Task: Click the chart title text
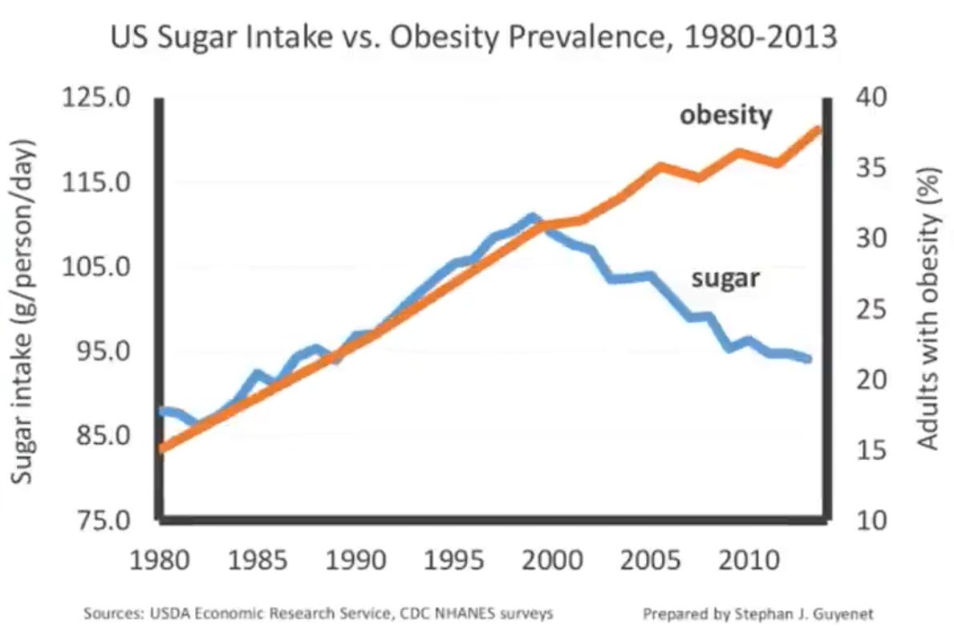(473, 37)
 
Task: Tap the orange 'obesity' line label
(725, 116)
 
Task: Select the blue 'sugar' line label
(725, 279)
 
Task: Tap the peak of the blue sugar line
(531, 217)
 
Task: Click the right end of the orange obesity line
(818, 129)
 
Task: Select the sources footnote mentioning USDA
(319, 614)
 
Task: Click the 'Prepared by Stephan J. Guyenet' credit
(757, 614)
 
